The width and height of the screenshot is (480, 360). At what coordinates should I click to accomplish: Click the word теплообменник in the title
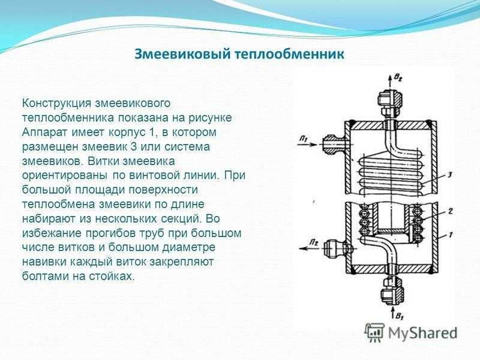tap(290, 55)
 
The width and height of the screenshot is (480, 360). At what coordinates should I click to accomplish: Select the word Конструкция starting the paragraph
tap(56, 103)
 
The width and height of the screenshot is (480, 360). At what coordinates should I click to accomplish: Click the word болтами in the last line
tap(44, 276)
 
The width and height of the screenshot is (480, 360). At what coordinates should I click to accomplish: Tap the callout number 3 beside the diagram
tap(449, 175)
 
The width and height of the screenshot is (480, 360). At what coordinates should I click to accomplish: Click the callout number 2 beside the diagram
tap(451, 211)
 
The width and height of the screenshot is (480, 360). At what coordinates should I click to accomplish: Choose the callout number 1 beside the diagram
tap(451, 235)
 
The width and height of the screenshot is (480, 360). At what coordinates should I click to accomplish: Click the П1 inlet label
tap(304, 139)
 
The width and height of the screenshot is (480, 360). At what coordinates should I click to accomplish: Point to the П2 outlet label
tap(313, 242)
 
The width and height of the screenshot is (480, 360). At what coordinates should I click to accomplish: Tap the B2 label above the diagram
tap(398, 79)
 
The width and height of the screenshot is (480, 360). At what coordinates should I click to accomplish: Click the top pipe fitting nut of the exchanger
tap(390, 103)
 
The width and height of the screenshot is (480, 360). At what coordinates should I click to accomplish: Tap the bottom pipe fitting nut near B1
tap(392, 292)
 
